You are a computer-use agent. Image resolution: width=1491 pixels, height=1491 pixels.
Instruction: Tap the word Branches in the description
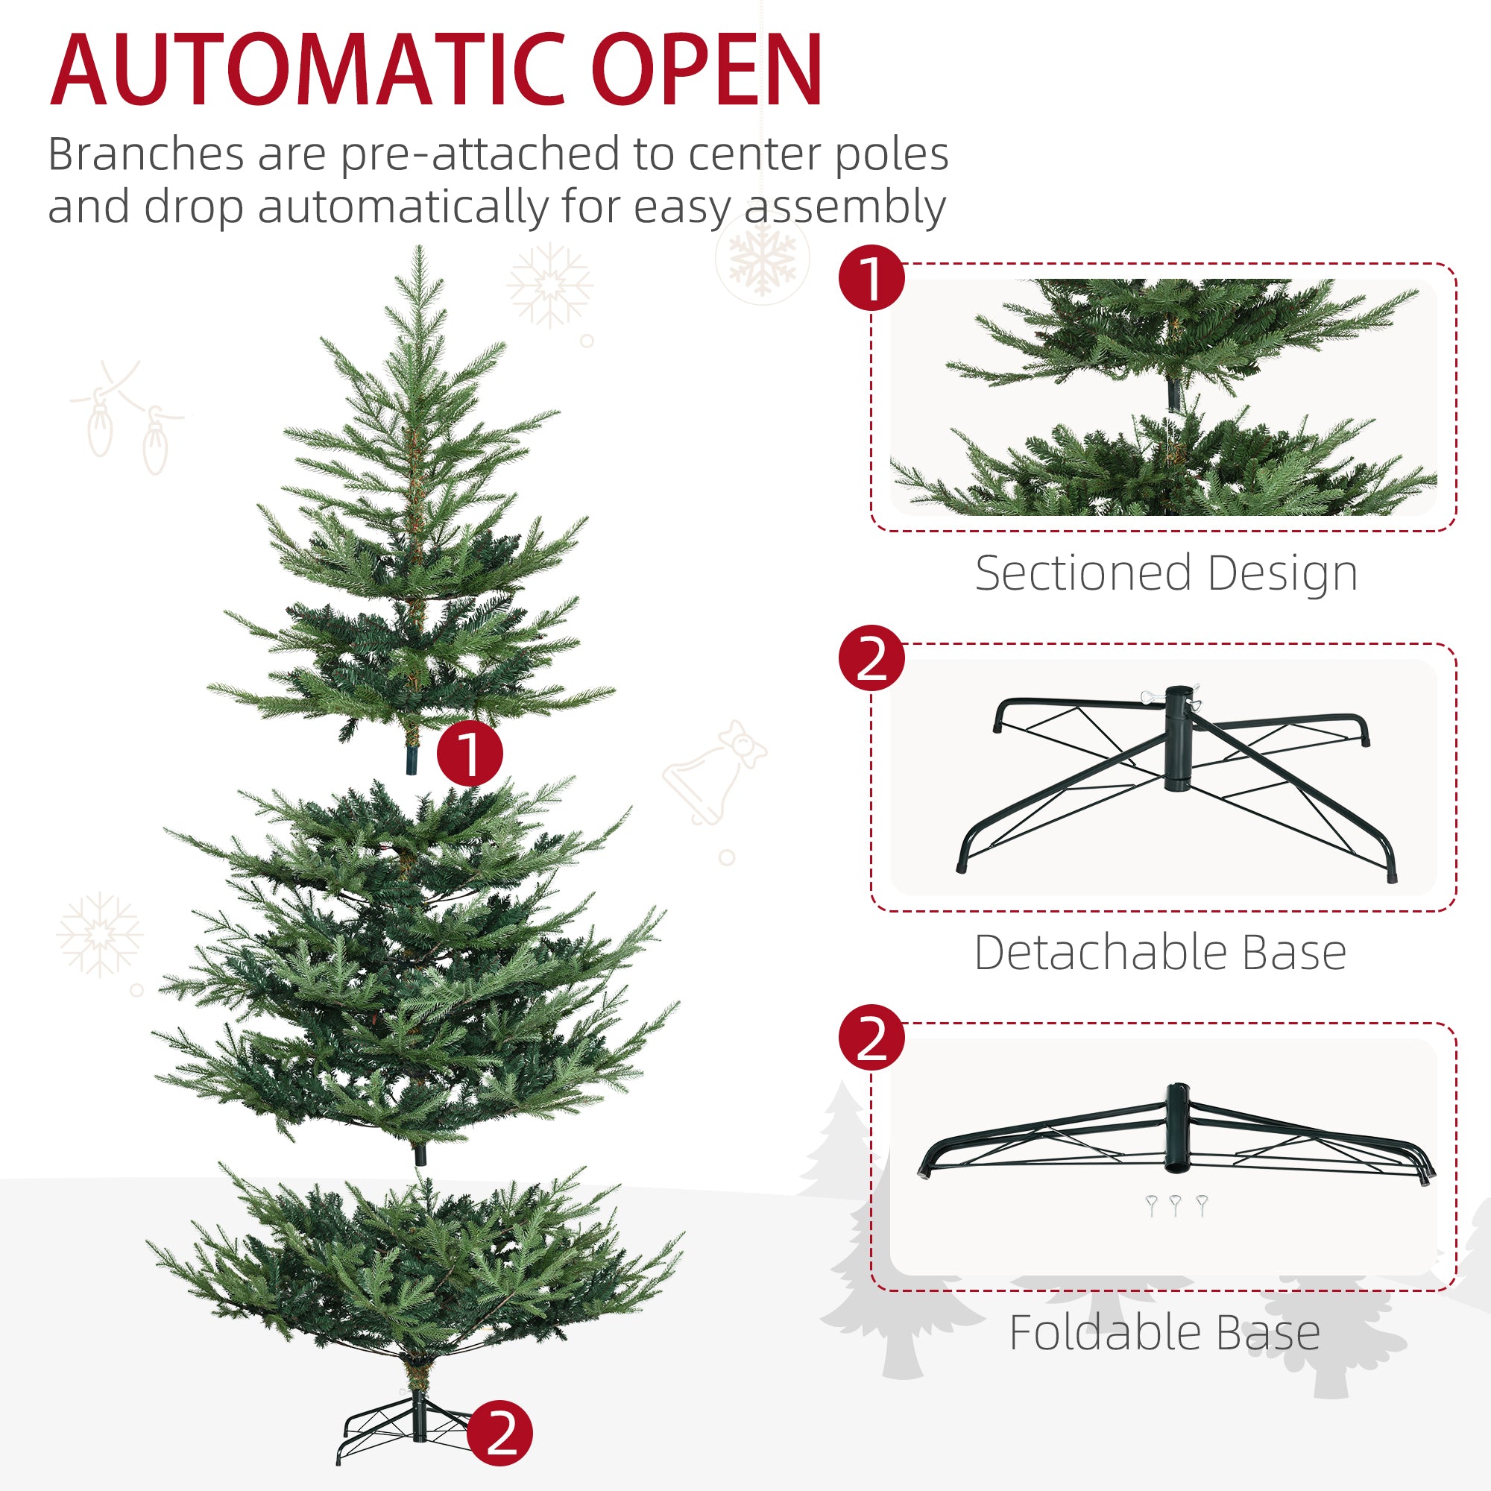(146, 154)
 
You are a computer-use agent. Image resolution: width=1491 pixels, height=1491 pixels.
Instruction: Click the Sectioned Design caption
(1165, 573)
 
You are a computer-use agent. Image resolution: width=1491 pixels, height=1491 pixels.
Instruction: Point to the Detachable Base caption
(1160, 953)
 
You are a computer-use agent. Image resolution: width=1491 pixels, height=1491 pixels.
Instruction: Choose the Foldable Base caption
(1164, 1333)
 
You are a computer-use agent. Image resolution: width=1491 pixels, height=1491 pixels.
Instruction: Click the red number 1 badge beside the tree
(469, 753)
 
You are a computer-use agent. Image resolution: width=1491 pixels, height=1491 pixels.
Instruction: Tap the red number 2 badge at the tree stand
(500, 1433)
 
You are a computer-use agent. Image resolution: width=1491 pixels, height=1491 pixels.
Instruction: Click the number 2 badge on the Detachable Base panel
(871, 658)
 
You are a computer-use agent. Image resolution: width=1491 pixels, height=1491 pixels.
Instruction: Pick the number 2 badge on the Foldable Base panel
(871, 1037)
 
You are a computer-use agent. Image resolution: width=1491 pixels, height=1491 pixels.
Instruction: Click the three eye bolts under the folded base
(1176, 1205)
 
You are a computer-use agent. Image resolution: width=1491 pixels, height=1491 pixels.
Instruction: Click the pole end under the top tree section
(412, 761)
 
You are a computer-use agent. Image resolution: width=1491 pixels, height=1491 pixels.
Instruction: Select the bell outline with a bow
(715, 772)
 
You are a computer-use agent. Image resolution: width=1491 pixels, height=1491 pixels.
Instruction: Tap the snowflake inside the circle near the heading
(762, 258)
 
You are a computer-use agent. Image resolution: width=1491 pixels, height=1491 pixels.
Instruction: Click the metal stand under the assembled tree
(409, 1428)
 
